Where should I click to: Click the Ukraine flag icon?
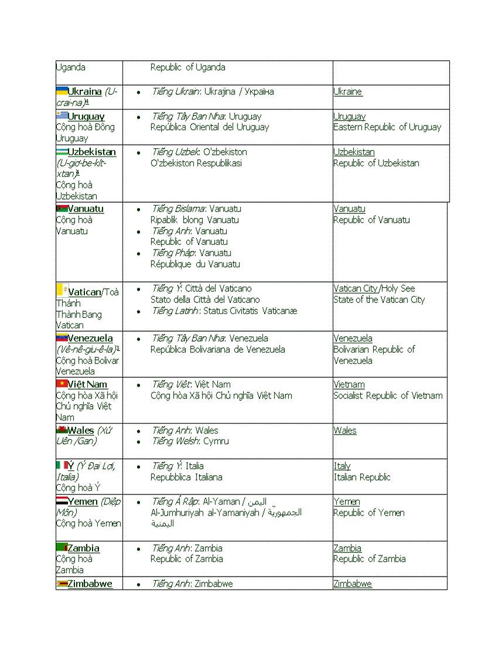(62, 91)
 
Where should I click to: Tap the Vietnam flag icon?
(62, 384)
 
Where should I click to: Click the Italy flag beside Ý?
(62, 465)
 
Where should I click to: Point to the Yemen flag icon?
(62, 501)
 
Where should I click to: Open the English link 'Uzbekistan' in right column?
(354, 152)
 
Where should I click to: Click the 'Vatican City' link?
(356, 288)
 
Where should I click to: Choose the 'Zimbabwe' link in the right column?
(353, 584)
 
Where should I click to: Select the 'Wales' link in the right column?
(345, 431)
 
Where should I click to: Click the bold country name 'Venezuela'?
(90, 339)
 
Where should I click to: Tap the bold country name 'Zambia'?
(83, 548)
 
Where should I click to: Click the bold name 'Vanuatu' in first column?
(86, 209)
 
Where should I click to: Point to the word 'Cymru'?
(216, 441)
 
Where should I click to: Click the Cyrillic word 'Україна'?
(260, 92)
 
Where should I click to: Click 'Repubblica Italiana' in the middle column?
(186, 478)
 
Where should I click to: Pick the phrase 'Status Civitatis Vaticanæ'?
(250, 311)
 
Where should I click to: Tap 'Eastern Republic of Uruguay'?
(387, 127)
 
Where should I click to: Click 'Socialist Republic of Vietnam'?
(388, 396)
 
